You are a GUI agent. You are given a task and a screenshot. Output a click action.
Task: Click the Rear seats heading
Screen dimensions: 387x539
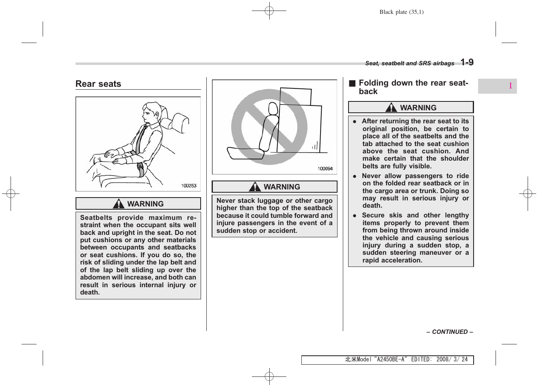[98, 84]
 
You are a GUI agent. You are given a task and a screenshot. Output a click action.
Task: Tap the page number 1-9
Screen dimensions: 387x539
[467, 62]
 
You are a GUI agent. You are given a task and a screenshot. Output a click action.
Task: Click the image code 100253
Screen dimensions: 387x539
[188, 186]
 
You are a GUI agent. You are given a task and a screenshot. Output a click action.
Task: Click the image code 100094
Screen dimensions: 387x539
[325, 169]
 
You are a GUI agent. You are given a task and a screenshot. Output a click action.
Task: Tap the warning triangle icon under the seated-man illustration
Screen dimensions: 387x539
[119, 204]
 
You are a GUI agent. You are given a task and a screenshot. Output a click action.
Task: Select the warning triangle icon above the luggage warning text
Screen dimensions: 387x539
[255, 187]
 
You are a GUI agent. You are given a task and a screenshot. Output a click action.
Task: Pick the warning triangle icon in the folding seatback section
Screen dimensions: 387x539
[391, 107]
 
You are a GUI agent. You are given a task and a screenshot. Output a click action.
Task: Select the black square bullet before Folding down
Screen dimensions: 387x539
[352, 83]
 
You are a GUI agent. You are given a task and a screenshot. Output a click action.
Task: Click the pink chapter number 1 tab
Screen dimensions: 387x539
[510, 86]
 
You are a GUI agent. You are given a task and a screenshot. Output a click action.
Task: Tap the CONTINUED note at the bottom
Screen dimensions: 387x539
[449, 332]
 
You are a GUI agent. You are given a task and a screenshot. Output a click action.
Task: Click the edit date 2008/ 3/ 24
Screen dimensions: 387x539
[452, 360]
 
